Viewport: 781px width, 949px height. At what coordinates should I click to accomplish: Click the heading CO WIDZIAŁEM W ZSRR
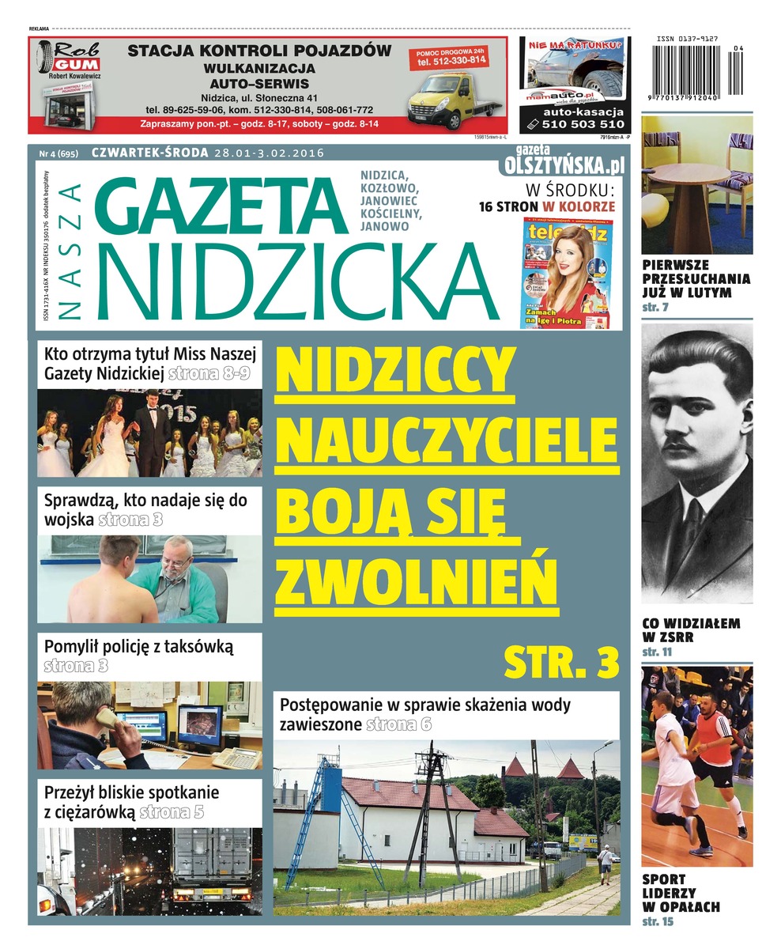pos(690,630)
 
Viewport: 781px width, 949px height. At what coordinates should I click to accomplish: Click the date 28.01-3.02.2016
pos(270,153)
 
